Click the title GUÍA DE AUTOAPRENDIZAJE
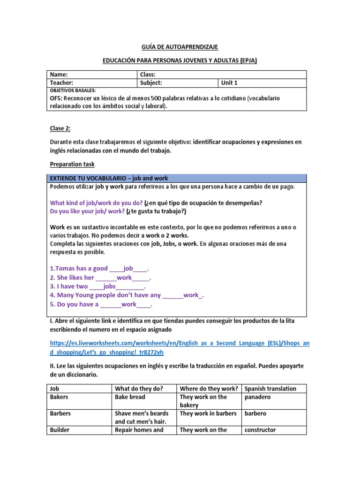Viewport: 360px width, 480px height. click(x=180, y=47)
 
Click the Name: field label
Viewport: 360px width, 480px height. click(x=59, y=75)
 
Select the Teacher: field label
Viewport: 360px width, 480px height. click(x=62, y=83)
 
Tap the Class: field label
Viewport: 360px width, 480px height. click(x=148, y=75)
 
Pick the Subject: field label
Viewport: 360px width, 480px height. click(x=151, y=83)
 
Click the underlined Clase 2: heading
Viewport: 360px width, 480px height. click(x=60, y=128)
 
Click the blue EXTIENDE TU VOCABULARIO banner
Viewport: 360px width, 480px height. click(x=177, y=179)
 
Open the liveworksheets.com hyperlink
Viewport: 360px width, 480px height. click(x=180, y=347)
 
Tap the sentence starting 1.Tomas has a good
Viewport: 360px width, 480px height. click(x=99, y=269)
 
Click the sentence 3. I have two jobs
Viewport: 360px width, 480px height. click(x=97, y=286)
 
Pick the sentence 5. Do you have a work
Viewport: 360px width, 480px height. click(x=101, y=304)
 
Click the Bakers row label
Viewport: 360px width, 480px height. click(x=59, y=397)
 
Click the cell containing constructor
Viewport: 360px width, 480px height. click(x=260, y=430)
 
